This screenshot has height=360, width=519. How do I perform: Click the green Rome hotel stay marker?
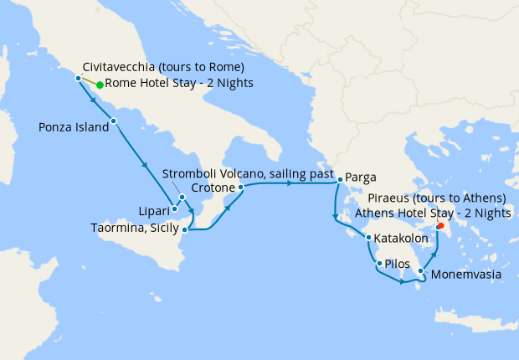click(100, 85)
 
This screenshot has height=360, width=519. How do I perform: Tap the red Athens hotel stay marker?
click(440, 225)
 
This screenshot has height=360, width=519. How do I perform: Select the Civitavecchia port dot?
click(78, 79)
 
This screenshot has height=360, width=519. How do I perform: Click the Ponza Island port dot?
click(113, 121)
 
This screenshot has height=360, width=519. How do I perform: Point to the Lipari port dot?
click(174, 209)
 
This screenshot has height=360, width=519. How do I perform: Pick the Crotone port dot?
click(240, 188)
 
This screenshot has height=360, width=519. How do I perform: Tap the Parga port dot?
click(340, 180)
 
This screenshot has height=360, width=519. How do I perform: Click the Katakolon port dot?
click(368, 238)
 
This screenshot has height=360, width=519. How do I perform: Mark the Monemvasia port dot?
click(420, 271)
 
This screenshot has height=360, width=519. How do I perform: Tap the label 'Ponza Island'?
click(74, 128)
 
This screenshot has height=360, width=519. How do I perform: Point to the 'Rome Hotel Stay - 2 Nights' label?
click(179, 84)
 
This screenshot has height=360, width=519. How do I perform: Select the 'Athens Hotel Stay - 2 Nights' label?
click(433, 213)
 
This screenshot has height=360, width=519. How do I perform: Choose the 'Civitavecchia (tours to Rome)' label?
click(163, 67)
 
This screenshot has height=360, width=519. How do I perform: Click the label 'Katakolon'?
click(402, 239)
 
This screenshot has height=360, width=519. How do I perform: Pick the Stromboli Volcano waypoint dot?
click(182, 198)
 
